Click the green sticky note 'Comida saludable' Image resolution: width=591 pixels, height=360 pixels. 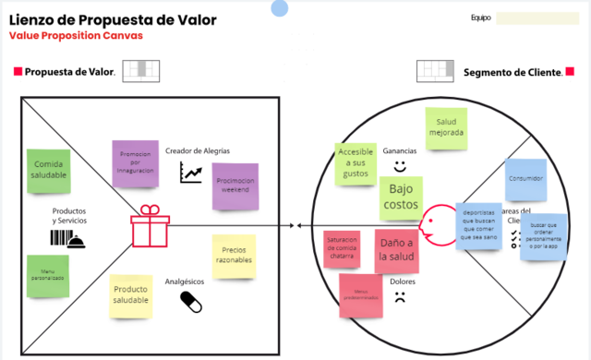(x=49, y=170)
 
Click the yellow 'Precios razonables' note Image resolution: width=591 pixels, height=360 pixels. (x=233, y=256)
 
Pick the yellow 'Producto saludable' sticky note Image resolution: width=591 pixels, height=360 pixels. (x=131, y=295)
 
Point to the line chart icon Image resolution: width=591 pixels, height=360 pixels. (x=192, y=172)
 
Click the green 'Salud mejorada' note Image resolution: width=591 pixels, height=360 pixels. (x=445, y=127)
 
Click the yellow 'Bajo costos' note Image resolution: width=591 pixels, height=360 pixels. (x=399, y=196)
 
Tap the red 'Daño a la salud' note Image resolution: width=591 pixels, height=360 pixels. (x=397, y=248)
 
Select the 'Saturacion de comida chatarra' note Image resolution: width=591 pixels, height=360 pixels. (x=344, y=250)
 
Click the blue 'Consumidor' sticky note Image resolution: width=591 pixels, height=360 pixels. (x=525, y=179)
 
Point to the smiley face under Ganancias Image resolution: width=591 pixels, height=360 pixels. (x=400, y=167)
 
